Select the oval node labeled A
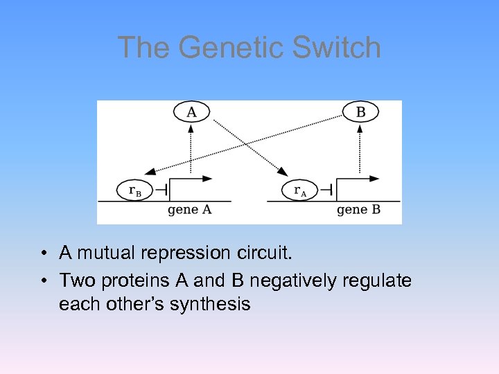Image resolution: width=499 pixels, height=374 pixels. pos(191,112)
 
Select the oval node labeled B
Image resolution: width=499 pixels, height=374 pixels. pos(360,112)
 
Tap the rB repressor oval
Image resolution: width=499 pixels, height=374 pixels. pos(134,190)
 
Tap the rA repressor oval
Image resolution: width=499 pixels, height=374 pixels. pos(299,190)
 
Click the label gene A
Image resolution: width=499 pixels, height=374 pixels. pos(190,210)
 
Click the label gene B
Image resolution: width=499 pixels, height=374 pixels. pos(358,210)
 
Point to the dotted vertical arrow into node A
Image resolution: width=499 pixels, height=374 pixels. pos(191,149)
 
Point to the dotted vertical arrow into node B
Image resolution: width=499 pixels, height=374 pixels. pos(360,149)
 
